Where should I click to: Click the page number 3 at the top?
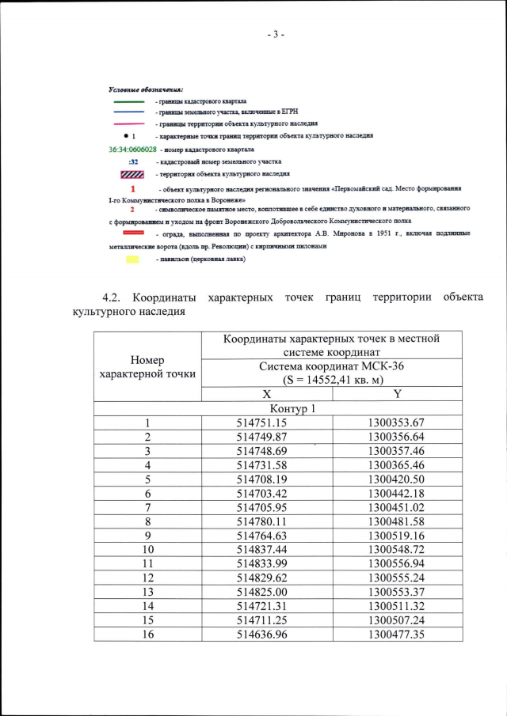[x=276, y=35]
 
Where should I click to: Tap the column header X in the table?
[x=267, y=394]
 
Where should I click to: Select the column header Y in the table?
[x=397, y=394]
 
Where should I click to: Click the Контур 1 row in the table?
[x=292, y=409]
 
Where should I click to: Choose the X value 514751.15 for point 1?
[x=267, y=423]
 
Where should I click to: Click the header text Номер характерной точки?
[x=147, y=367]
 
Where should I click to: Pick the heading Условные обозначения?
[x=145, y=90]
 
